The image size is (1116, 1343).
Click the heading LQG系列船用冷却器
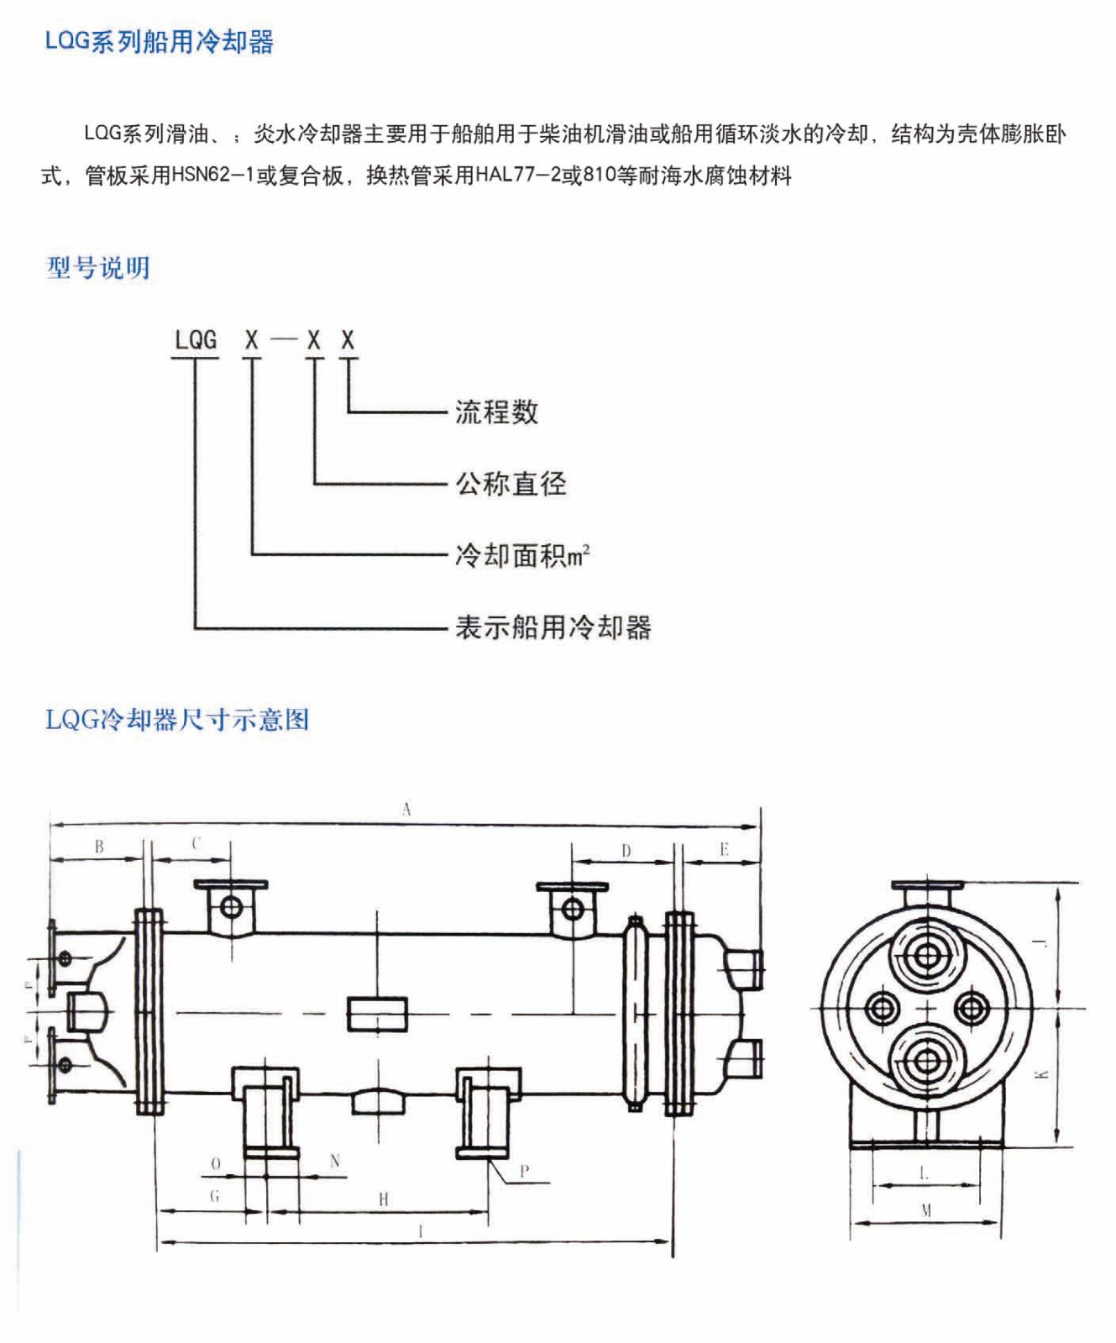(159, 41)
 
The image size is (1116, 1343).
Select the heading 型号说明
(98, 268)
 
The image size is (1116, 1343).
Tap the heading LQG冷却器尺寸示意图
(177, 720)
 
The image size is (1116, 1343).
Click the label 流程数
(496, 412)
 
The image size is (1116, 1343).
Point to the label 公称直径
(511, 484)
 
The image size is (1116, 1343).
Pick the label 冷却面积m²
(521, 555)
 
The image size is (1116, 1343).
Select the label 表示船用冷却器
(553, 627)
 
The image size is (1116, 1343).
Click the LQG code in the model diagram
(195, 340)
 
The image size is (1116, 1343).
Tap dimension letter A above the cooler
(406, 809)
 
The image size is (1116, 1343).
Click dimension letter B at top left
(99, 846)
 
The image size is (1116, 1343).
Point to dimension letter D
(626, 851)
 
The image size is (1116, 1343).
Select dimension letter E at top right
(724, 849)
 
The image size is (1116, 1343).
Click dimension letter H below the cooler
(383, 1199)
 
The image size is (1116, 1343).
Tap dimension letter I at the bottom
(421, 1231)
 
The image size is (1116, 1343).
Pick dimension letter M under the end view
(926, 1210)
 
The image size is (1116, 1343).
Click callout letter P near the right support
(525, 1171)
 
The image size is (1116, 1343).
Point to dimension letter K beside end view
(1042, 1073)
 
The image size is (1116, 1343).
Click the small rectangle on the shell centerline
(377, 1014)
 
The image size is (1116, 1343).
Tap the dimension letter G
(215, 1196)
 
